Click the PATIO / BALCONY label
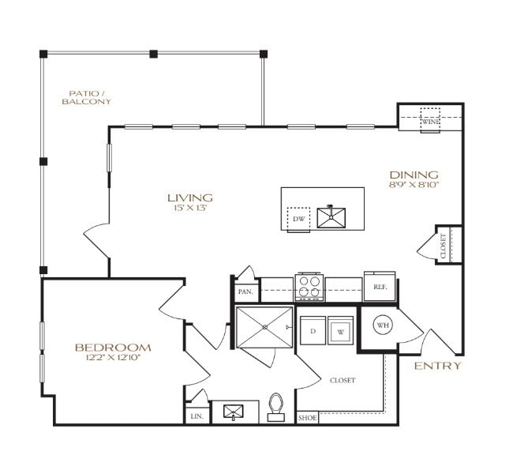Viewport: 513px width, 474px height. coord(89,97)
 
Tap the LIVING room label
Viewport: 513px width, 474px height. coord(189,197)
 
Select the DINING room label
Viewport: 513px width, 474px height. coord(414,175)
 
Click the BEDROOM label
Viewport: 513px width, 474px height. coord(113,348)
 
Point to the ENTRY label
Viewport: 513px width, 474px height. coord(437,367)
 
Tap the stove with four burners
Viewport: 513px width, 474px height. coord(309,288)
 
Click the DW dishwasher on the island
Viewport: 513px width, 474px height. coord(298,219)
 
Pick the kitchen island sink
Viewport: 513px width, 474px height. coord(331,216)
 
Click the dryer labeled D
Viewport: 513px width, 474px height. coord(313,330)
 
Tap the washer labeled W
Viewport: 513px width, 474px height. coord(341,330)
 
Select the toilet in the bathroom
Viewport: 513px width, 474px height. coord(276,404)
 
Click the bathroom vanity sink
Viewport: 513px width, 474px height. coord(234,412)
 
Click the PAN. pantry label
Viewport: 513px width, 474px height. coord(245,292)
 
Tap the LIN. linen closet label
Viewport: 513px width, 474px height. coord(197,416)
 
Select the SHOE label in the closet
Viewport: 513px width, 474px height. coord(306,418)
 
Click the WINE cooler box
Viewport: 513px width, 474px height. coord(429,121)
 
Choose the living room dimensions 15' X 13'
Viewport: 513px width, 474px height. coord(189,209)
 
